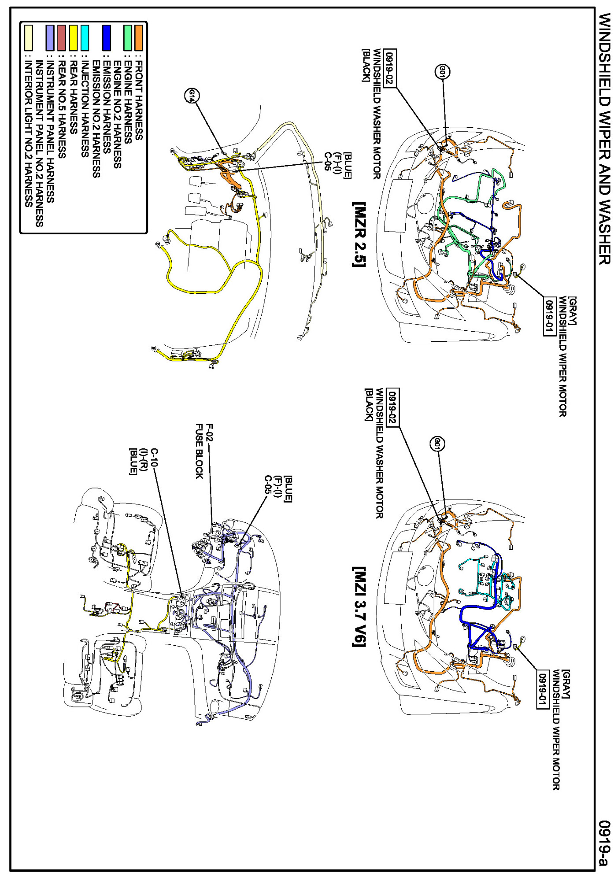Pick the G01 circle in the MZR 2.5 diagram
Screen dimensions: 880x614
tap(443, 71)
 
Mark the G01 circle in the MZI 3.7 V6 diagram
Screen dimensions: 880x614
tap(436, 444)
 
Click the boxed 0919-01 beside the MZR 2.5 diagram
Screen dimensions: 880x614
tap(549, 317)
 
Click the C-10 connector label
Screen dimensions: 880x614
tap(155, 458)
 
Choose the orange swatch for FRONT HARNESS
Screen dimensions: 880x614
tap(139, 38)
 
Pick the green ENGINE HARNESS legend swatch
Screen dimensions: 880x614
tap(128, 38)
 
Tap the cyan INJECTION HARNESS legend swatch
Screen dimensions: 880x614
tap(85, 38)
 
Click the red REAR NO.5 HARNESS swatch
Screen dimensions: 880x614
tap(62, 38)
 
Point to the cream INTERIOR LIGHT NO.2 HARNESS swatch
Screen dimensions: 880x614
tap(29, 38)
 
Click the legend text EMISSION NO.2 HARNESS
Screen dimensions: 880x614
tap(96, 119)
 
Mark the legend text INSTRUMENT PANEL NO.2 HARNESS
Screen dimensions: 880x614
tap(40, 143)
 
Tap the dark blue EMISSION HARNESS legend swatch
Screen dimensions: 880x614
tap(106, 38)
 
